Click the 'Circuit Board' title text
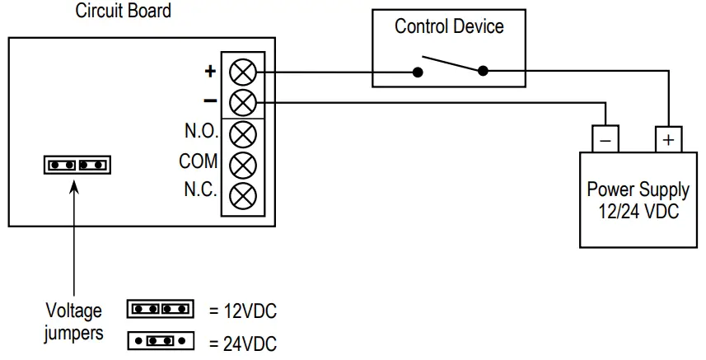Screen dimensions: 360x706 click(124, 12)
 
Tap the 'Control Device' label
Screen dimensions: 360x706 click(449, 26)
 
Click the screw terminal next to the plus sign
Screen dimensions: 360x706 click(241, 72)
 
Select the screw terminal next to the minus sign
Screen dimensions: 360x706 click(241, 102)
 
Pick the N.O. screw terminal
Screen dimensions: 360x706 click(241, 133)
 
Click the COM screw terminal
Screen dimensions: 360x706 click(241, 164)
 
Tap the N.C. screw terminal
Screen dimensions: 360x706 click(241, 194)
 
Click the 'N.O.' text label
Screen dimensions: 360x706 click(200, 132)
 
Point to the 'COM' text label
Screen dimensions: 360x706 click(199, 161)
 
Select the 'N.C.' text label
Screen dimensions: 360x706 click(200, 191)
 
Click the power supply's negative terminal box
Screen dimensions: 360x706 click(605, 140)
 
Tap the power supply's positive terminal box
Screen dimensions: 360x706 click(668, 140)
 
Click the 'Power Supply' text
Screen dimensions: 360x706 click(638, 189)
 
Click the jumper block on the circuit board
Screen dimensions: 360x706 click(77, 165)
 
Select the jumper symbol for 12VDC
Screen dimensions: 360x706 click(160, 310)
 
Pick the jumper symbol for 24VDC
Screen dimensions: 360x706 click(160, 339)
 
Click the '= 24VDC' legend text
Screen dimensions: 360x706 click(240, 340)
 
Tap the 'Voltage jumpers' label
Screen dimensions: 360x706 click(74, 322)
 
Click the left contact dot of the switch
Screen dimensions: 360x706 click(419, 72)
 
